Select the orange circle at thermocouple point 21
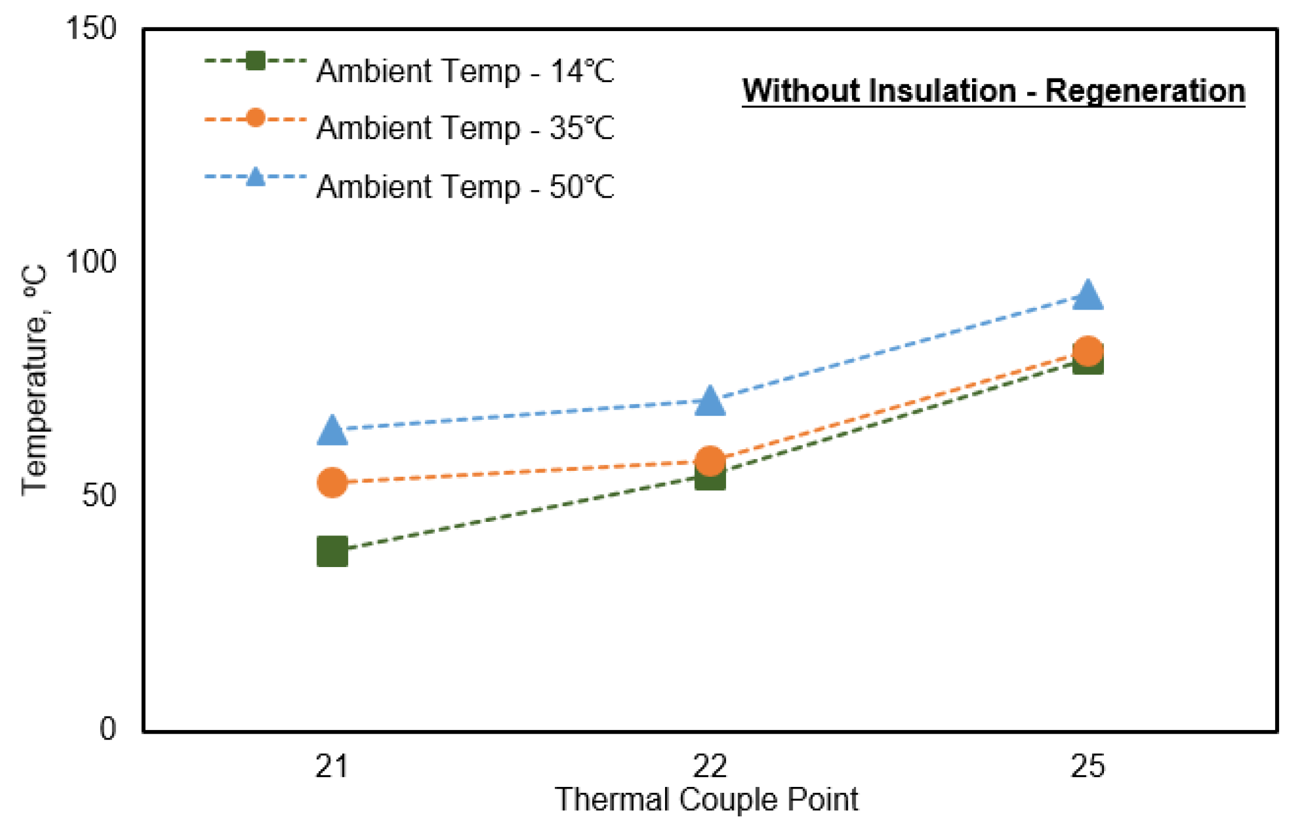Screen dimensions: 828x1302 point(332,483)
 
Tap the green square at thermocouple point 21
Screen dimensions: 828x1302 point(332,551)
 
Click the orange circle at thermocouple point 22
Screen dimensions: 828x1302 point(710,460)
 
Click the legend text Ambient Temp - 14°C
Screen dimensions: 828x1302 point(465,71)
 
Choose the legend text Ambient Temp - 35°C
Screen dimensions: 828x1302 point(465,128)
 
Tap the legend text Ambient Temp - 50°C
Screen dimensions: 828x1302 point(465,187)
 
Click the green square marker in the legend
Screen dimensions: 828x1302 point(255,60)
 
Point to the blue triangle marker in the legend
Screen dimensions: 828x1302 point(255,177)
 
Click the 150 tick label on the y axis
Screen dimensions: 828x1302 point(91,28)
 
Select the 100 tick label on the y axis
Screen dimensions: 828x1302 point(91,262)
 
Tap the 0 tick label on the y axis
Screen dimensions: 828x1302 point(108,729)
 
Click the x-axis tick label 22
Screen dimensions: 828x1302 point(710,766)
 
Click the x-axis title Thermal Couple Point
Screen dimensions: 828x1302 point(706,799)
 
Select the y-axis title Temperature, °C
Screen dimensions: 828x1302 point(35,380)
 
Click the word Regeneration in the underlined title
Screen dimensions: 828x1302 point(1145,91)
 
